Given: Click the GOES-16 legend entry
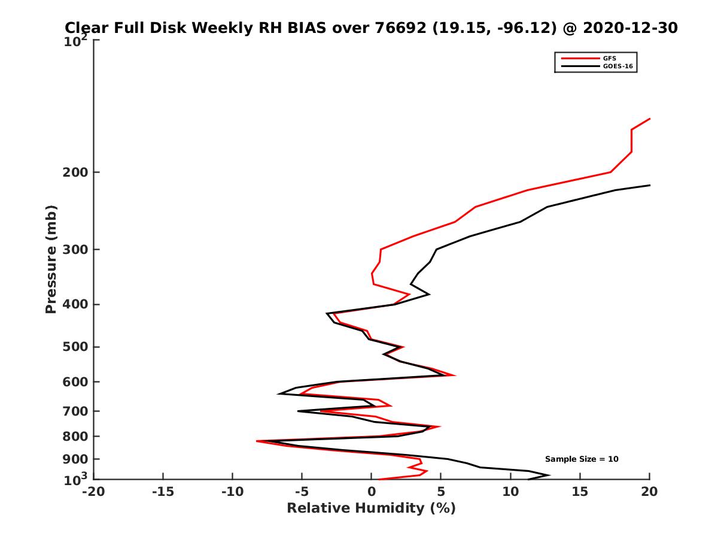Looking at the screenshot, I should pyautogui.click(x=617, y=66).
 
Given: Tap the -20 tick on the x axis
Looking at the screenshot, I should pyautogui.click(x=93, y=492).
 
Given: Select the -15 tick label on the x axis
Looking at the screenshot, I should pyautogui.click(x=163, y=492).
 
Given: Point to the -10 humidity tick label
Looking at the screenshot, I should pyautogui.click(x=232, y=492).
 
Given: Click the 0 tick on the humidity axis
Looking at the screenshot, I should pyautogui.click(x=372, y=492).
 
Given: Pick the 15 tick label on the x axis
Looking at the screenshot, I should pyautogui.click(x=580, y=492).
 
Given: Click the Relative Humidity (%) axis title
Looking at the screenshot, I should pyautogui.click(x=372, y=508).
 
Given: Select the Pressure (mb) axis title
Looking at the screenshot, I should pyautogui.click(x=51, y=259).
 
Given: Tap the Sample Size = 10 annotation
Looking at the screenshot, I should pyautogui.click(x=582, y=459).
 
